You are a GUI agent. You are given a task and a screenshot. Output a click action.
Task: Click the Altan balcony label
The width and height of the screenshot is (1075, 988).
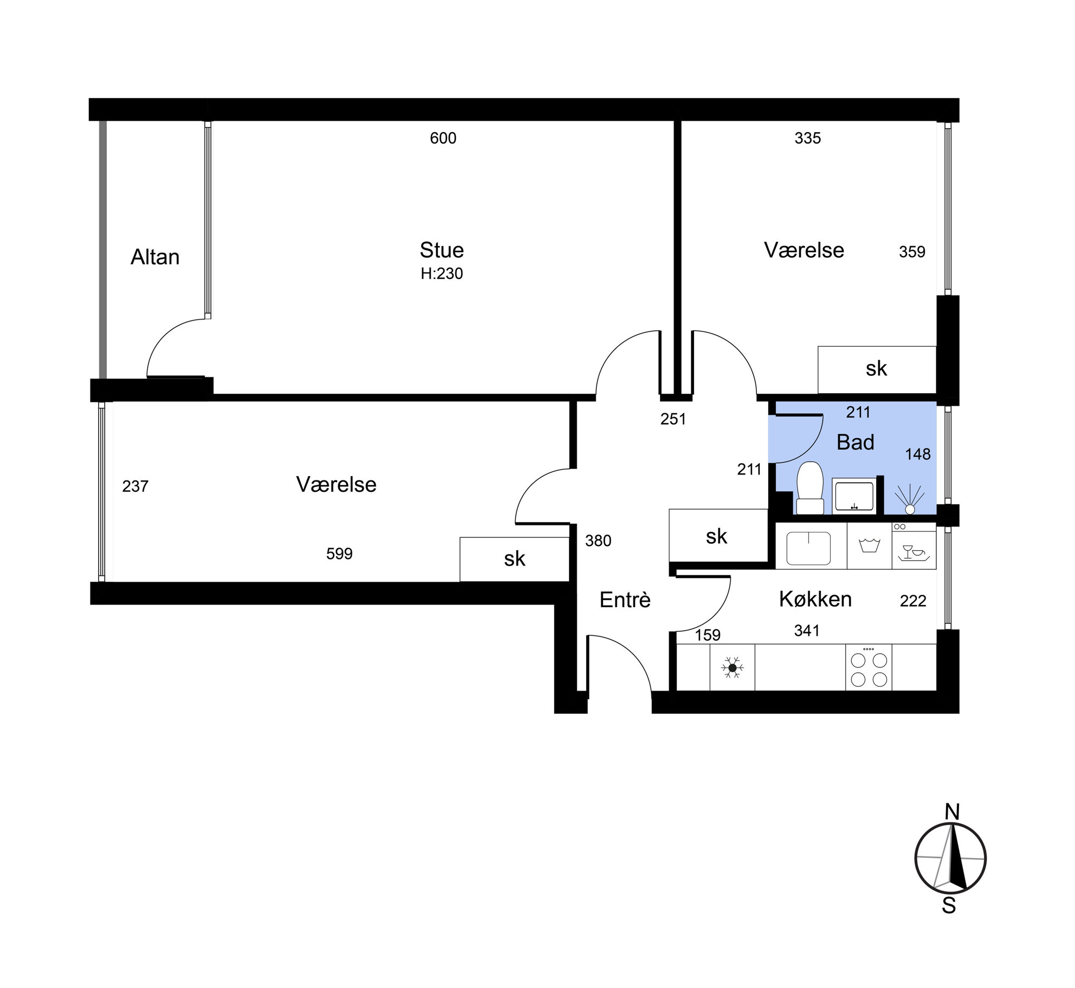(x=155, y=257)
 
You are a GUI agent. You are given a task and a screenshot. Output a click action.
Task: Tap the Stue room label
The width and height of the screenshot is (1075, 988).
(x=442, y=250)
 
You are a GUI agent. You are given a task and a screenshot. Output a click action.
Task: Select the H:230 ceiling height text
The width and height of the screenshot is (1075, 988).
(x=442, y=274)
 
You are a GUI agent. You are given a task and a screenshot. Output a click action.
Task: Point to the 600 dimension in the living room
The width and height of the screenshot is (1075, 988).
(x=443, y=138)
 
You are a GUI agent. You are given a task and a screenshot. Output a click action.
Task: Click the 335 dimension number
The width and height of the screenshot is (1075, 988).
(x=808, y=138)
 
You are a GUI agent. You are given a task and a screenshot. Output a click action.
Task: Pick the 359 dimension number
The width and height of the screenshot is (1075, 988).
(x=912, y=252)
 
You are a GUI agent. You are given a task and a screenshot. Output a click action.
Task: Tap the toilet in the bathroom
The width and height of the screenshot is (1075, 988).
(x=810, y=487)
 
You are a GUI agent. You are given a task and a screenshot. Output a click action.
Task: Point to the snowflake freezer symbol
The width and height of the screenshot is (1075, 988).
(x=732, y=668)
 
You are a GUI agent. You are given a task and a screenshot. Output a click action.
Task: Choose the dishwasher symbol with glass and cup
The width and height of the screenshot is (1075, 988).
(x=914, y=547)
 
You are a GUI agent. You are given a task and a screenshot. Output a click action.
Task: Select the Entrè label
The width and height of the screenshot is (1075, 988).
(x=625, y=600)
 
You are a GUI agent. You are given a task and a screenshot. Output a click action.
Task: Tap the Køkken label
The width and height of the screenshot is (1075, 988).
(x=815, y=599)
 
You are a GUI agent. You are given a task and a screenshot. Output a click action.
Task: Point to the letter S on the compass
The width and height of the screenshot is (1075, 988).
(x=949, y=906)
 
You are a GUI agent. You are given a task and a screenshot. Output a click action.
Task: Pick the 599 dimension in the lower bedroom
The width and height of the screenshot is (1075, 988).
(x=339, y=554)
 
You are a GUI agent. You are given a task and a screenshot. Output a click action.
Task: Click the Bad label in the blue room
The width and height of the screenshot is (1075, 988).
(x=856, y=442)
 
